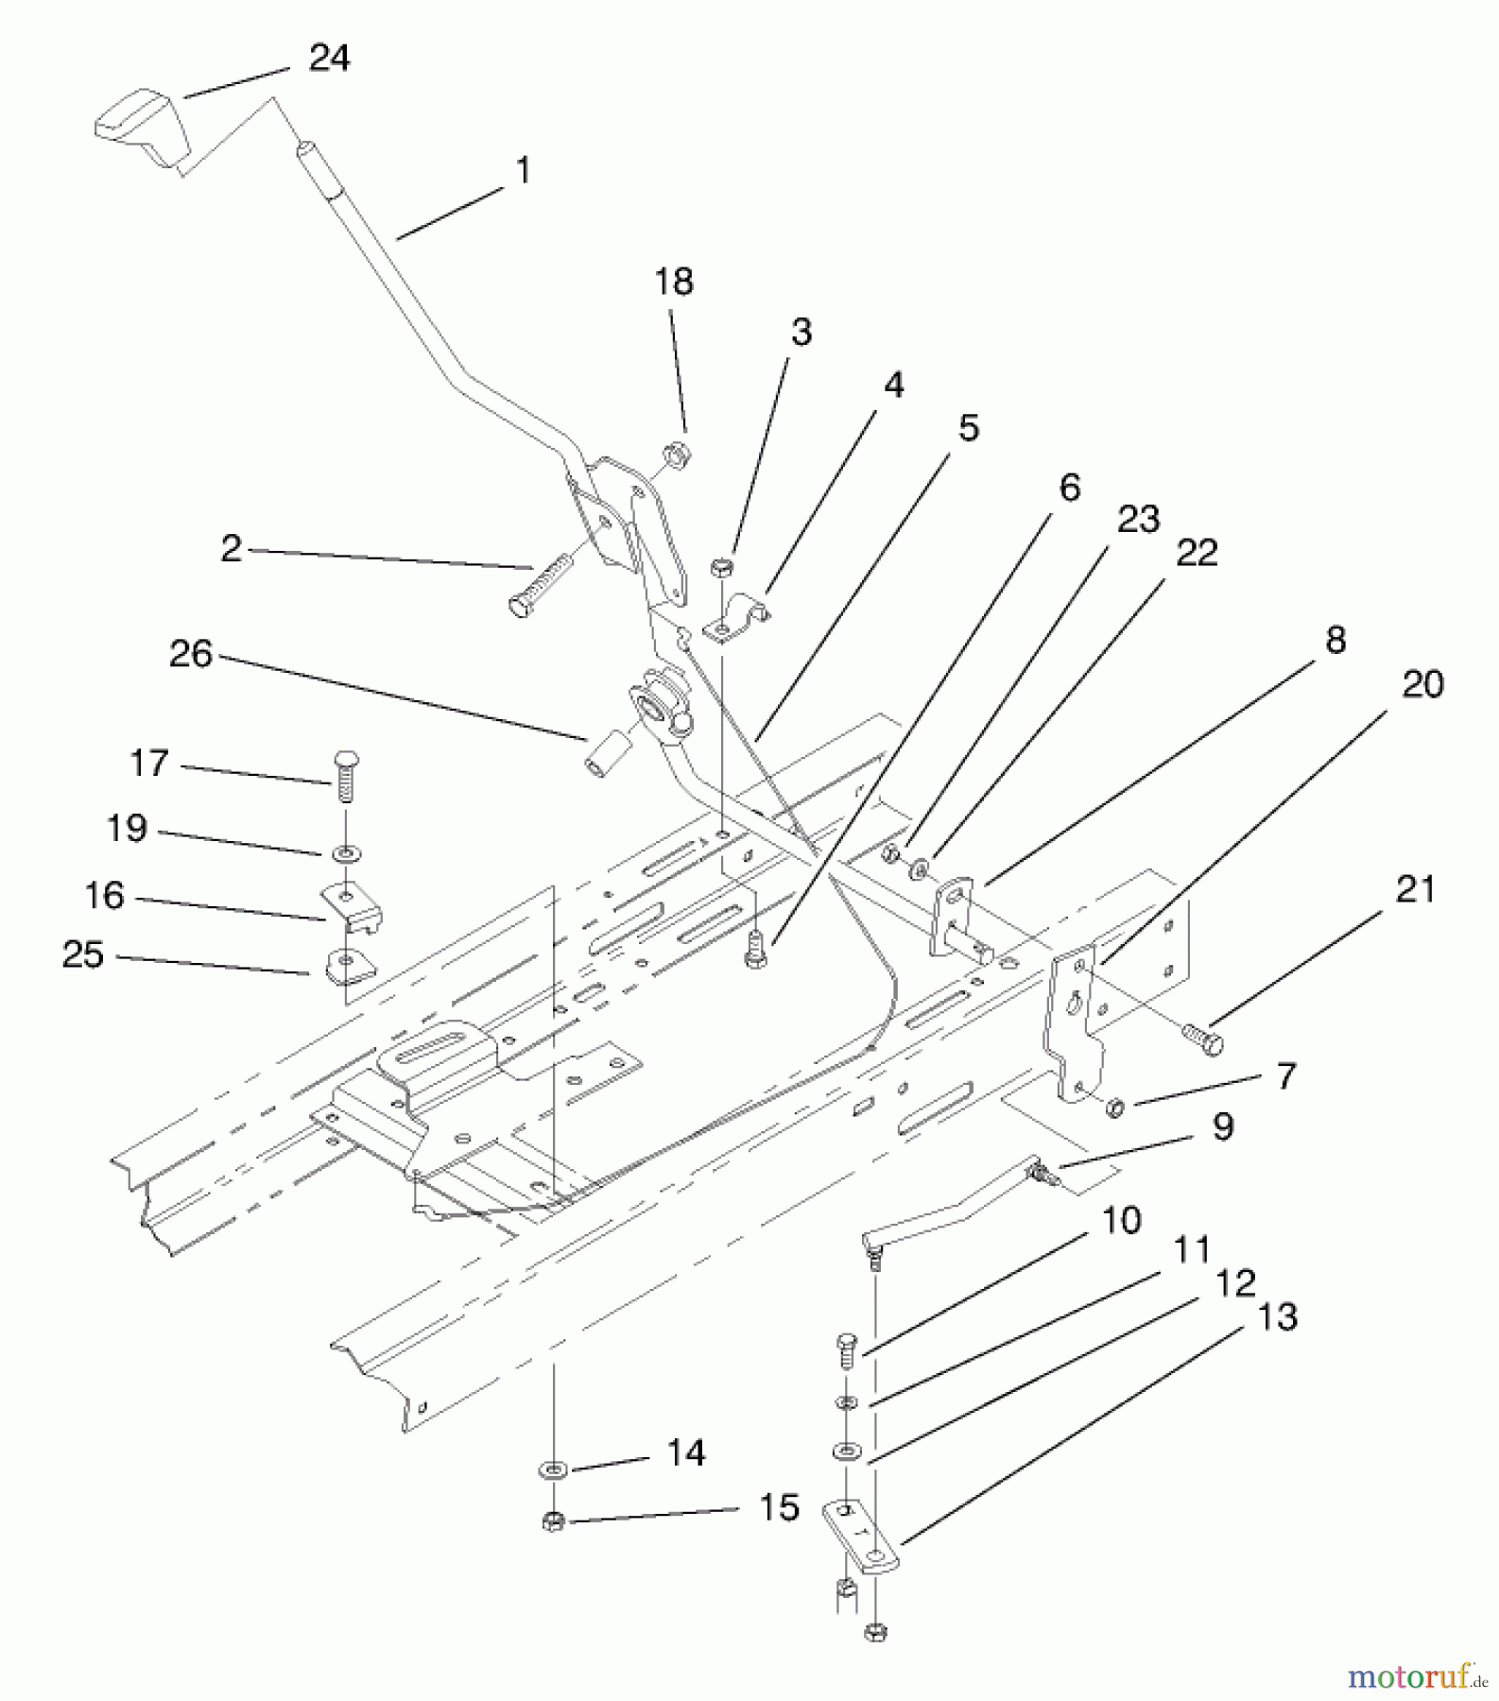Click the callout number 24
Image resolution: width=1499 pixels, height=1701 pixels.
329,59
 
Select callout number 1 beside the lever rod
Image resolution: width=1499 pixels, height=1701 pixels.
523,171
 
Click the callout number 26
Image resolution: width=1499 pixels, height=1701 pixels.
191,653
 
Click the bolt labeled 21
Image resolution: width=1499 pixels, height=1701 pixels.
1201,1039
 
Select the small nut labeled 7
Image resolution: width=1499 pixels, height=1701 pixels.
1114,1106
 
